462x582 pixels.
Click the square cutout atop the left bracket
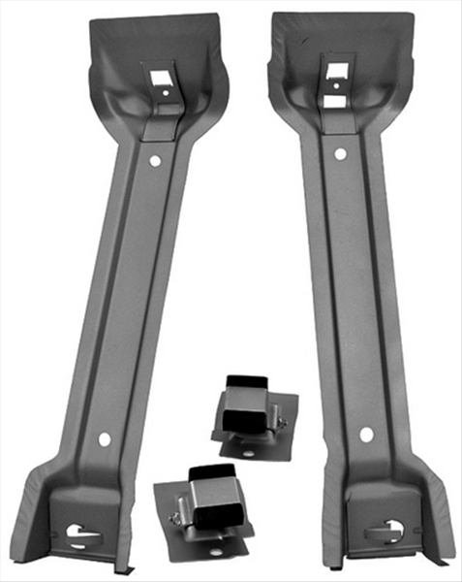pyautogui.click(x=155, y=74)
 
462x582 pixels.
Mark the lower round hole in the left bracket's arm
pyautogui.click(x=105, y=438)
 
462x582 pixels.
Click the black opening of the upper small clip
pyautogui.click(x=244, y=381)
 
